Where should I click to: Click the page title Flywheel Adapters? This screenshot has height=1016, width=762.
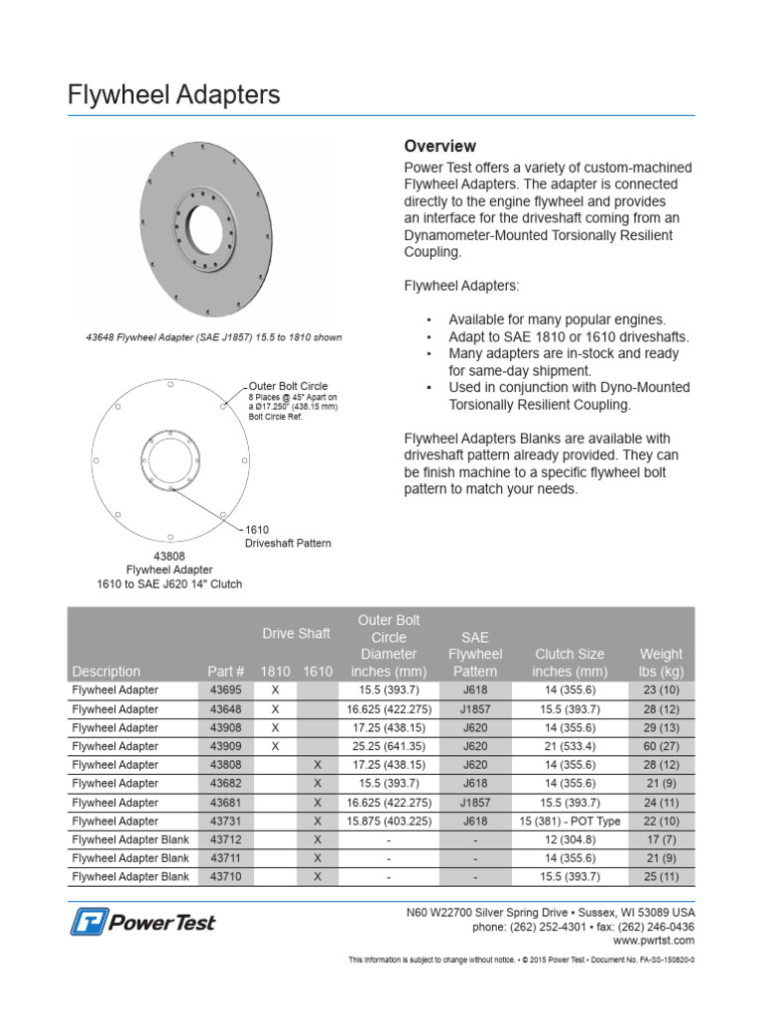click(x=174, y=95)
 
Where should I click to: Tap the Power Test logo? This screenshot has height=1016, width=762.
click(x=143, y=922)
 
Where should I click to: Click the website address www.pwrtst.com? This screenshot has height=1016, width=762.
click(x=654, y=940)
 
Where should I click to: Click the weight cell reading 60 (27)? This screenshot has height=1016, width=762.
click(x=661, y=746)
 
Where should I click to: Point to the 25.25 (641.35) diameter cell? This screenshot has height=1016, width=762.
click(x=388, y=746)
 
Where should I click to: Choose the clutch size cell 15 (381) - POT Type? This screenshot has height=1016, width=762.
click(x=570, y=822)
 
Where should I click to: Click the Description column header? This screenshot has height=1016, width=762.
click(x=106, y=671)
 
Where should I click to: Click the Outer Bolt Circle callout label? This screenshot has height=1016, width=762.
click(x=288, y=386)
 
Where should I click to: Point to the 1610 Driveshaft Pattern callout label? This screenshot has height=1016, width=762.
click(x=288, y=537)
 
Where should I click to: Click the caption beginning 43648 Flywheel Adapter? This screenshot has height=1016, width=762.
click(x=213, y=337)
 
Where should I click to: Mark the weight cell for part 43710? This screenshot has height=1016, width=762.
click(x=661, y=877)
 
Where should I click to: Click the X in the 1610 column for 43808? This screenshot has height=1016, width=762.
click(x=317, y=765)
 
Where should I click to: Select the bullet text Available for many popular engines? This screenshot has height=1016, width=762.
click(x=557, y=319)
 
